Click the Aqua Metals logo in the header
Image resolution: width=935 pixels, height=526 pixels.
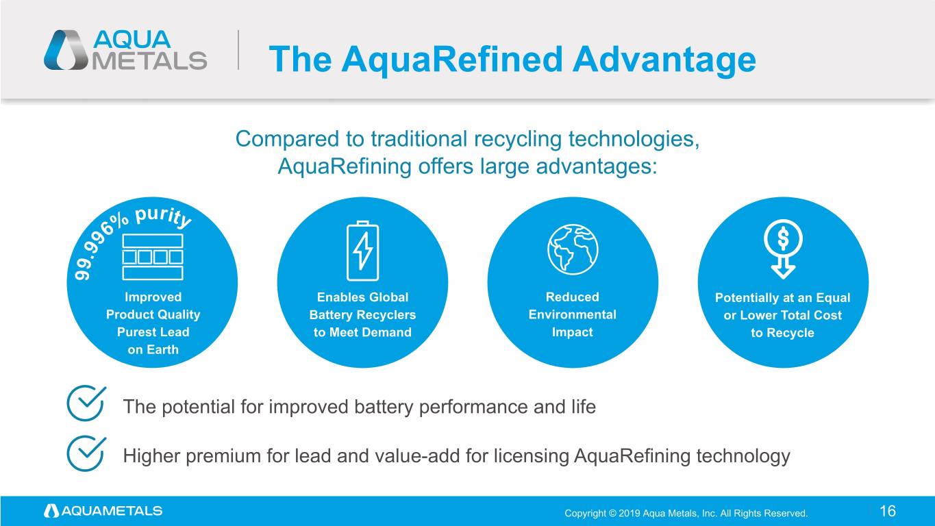[x=125, y=50]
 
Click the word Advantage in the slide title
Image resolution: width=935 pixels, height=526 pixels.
[x=664, y=60]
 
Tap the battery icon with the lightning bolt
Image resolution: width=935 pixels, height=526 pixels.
[x=363, y=251]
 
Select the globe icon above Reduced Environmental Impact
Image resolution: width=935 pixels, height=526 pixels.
[x=573, y=249]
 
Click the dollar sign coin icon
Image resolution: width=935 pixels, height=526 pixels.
[x=783, y=238]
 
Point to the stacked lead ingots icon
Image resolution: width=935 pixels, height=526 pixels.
[x=153, y=257]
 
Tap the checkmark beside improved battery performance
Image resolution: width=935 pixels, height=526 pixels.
[x=86, y=403]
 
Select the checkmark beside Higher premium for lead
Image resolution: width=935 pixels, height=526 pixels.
[x=86, y=453]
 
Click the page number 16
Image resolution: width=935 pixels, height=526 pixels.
[x=888, y=511]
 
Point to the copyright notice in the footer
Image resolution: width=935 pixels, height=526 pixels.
[x=686, y=513]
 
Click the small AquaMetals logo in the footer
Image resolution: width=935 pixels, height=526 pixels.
[x=103, y=511]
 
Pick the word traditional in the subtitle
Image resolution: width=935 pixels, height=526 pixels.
[x=419, y=139]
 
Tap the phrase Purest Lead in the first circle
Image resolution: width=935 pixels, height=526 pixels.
[x=153, y=332]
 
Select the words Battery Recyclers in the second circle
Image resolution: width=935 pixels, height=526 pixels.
[x=363, y=315]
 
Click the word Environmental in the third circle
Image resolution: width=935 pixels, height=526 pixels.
[x=572, y=314]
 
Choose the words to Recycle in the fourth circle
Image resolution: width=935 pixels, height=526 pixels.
[x=783, y=333]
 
